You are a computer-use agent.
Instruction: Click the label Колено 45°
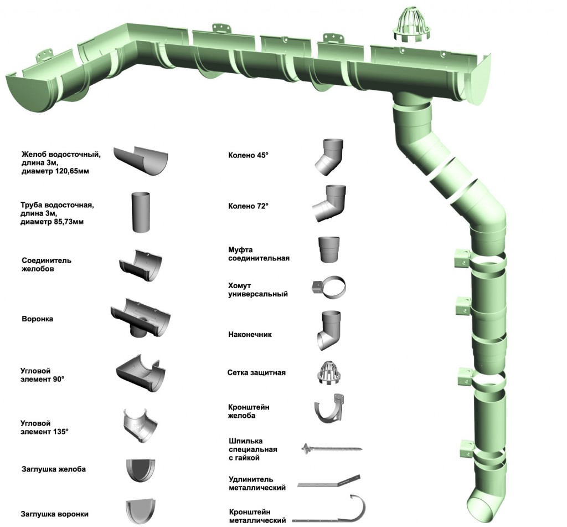point(248,156)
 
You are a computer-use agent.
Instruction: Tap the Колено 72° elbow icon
point(327,203)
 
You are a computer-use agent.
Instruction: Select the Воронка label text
point(38,319)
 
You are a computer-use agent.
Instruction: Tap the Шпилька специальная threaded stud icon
point(332,447)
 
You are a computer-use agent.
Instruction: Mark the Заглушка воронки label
point(54,514)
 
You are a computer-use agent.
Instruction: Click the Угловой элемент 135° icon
point(140,425)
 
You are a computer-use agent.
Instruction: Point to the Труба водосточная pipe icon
point(140,211)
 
